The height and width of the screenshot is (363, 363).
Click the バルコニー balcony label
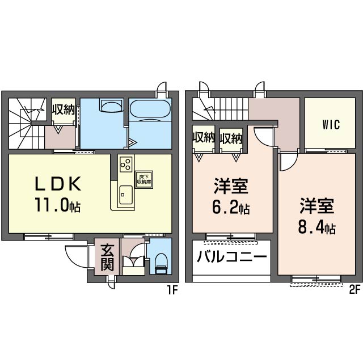point(232,257)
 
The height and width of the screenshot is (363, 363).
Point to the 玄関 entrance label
point(107,258)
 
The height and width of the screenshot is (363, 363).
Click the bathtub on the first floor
point(150,109)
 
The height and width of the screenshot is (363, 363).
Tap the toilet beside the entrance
point(161,261)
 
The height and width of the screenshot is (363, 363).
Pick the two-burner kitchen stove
point(126,165)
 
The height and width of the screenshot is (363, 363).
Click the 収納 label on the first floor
point(63,109)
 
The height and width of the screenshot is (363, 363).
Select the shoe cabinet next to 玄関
point(134,264)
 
